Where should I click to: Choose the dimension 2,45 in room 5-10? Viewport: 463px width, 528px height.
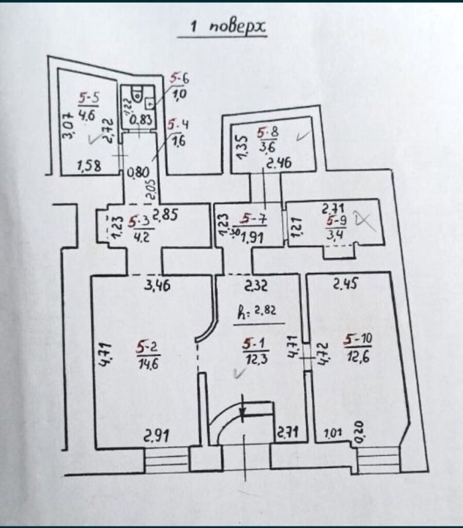coord(345,284)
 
